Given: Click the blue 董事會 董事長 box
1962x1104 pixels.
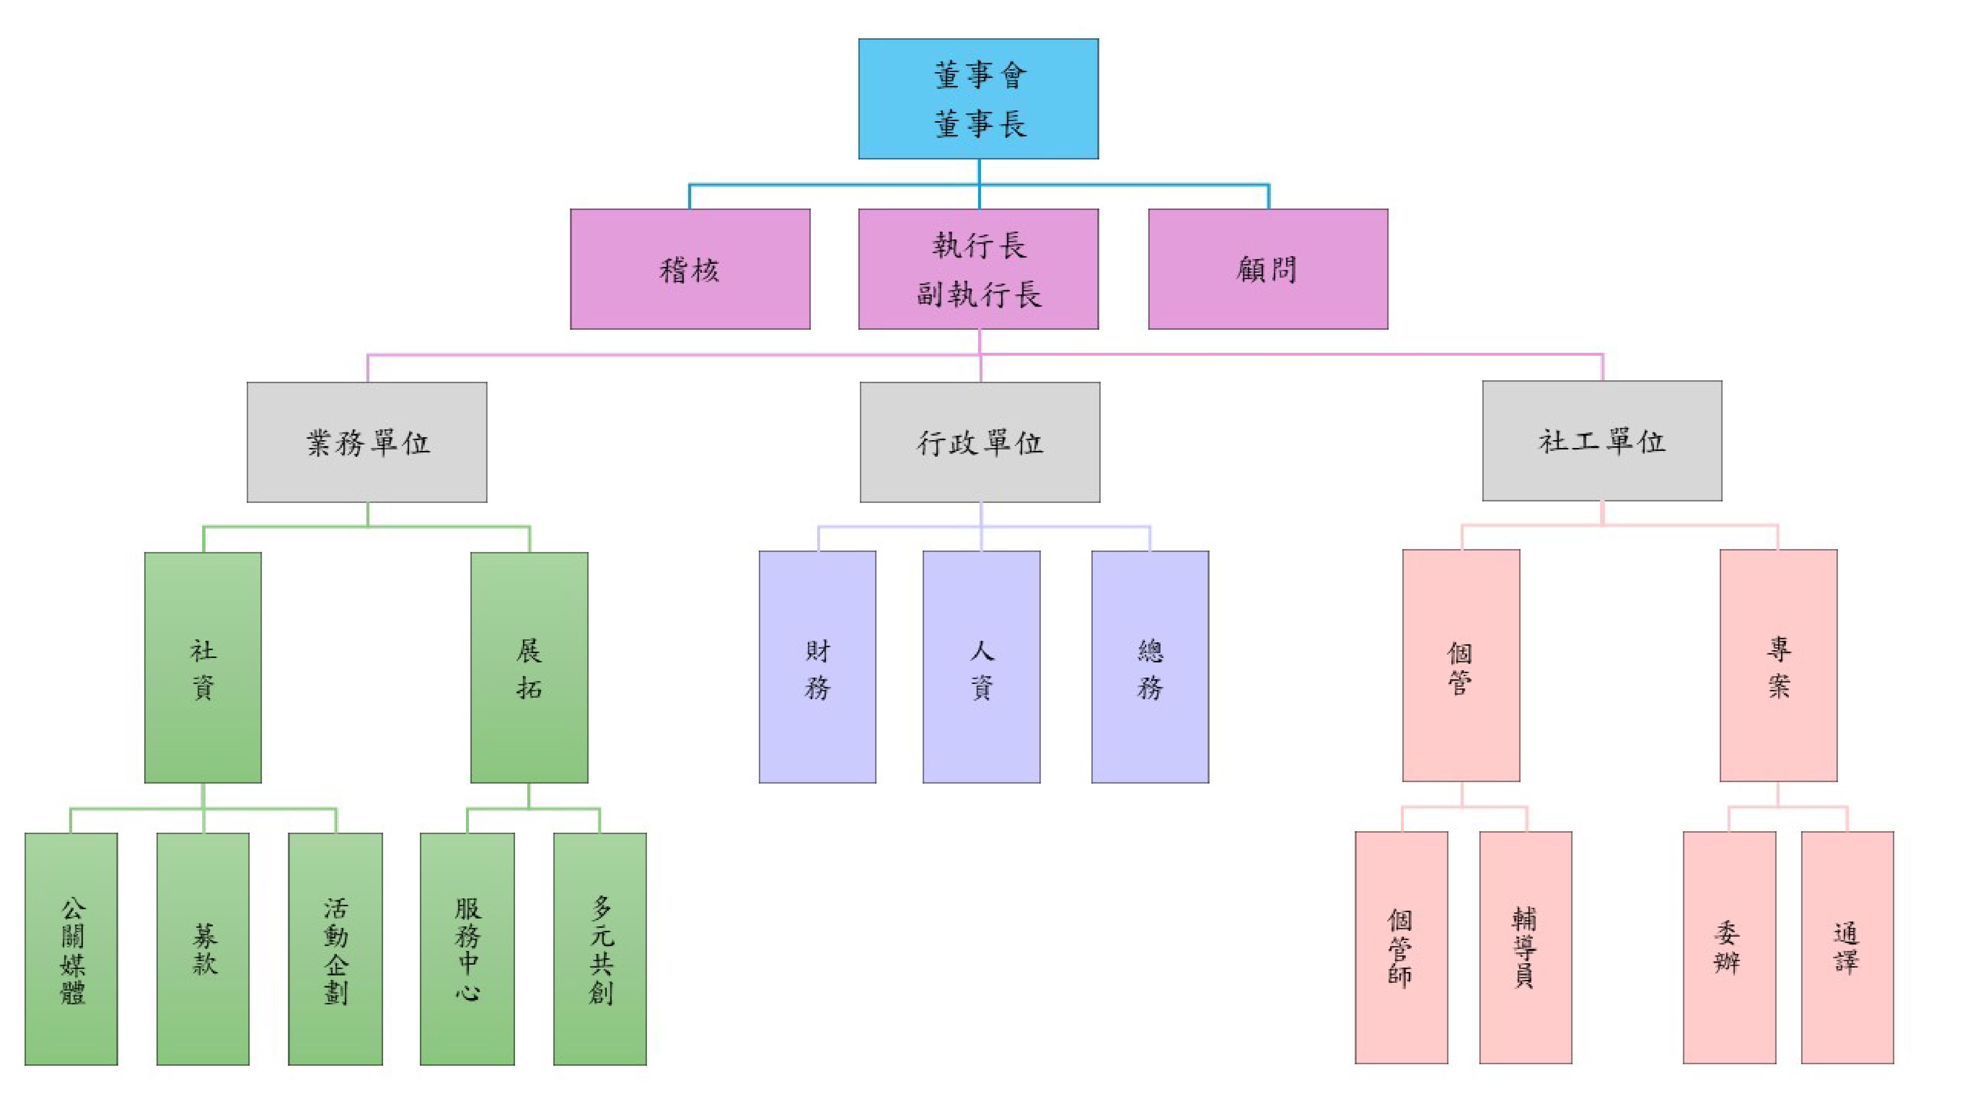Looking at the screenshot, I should point(978,99).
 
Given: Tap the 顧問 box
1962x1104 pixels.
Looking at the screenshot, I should point(1267,269).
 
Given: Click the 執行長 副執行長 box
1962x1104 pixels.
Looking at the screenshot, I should point(978,269).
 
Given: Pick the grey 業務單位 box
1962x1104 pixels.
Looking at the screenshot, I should point(366,442).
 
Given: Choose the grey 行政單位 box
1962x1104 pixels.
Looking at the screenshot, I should point(980,442).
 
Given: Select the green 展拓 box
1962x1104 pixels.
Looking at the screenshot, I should point(529,667).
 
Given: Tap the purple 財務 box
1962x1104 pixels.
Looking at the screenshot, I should point(817,667).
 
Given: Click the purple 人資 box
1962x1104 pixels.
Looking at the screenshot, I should point(981,667).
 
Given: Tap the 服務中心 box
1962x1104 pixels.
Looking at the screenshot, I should point(467,948).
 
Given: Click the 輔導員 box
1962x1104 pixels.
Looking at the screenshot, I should point(1525,947).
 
